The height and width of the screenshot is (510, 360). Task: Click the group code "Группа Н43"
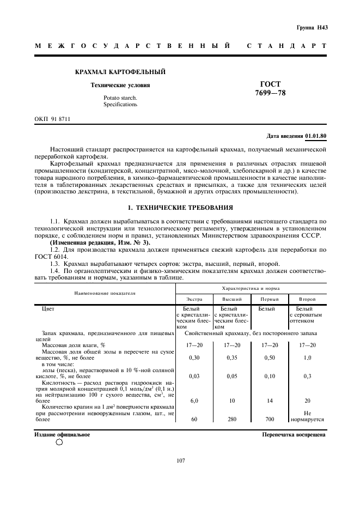coord(312,27)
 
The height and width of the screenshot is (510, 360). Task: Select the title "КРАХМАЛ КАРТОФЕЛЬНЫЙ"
coord(120,72)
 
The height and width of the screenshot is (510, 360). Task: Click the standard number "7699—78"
coord(270,93)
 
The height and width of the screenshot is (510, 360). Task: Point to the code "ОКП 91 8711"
coord(53,118)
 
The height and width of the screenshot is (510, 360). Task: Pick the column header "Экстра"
coord(194,299)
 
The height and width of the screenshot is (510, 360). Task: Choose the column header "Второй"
coord(307,299)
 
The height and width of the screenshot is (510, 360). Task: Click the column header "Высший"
coord(232,299)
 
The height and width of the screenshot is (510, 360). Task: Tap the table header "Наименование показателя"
coord(105,293)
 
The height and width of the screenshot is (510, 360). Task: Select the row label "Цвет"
coord(48,308)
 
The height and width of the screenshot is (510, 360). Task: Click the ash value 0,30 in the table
coord(194,357)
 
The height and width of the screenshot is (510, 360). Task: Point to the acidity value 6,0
coord(194,400)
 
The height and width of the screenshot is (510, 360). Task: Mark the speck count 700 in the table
coord(269,420)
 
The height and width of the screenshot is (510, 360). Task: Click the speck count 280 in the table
coord(232,420)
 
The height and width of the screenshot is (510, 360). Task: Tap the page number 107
coord(181,461)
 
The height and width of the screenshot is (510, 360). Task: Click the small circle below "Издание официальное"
coord(59,442)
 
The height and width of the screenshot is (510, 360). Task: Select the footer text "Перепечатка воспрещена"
coord(294,435)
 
